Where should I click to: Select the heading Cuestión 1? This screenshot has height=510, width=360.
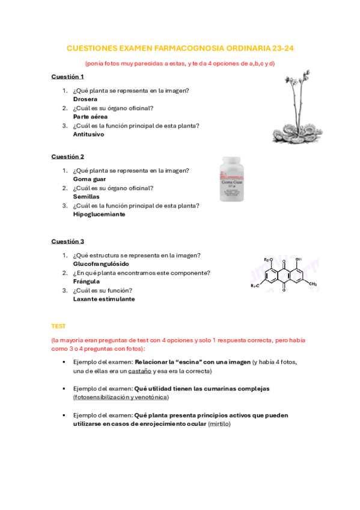click(x=67, y=77)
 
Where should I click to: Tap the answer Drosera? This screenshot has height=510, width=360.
click(x=85, y=99)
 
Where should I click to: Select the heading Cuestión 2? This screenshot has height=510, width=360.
click(x=67, y=156)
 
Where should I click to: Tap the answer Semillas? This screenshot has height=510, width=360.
click(x=87, y=197)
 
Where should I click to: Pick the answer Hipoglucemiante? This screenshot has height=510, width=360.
click(x=99, y=214)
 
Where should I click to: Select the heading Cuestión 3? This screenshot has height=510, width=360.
click(x=67, y=241)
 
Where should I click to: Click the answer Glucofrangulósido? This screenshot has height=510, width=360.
click(x=101, y=264)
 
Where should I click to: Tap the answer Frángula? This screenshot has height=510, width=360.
click(x=86, y=281)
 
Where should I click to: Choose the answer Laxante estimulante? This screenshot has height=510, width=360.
click(x=104, y=299)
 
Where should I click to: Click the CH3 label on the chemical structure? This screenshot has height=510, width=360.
click(x=313, y=284)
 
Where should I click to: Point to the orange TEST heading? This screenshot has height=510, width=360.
click(x=58, y=326)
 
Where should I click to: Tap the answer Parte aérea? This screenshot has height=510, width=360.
click(x=90, y=117)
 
